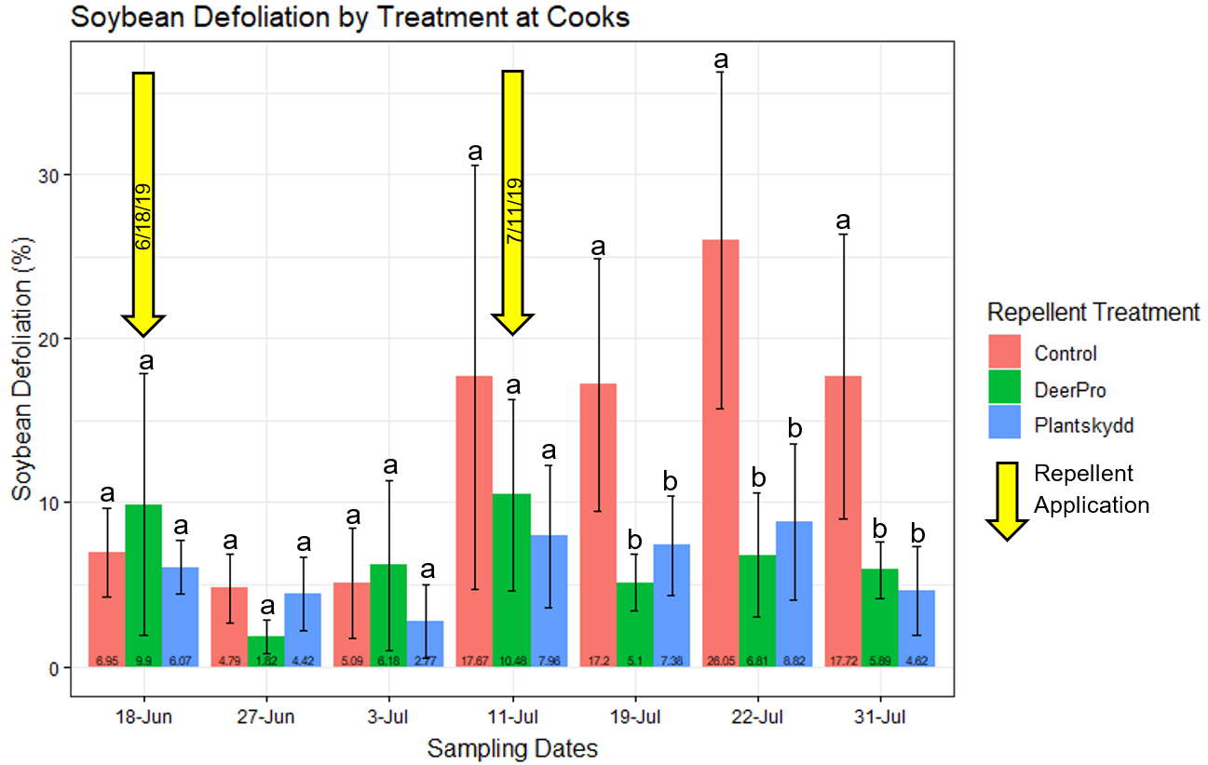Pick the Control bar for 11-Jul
(475, 521)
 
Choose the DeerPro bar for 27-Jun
(266, 651)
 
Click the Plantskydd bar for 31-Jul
(916, 628)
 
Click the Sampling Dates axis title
(512, 747)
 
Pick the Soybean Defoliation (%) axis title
(22, 369)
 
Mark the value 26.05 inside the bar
(720, 661)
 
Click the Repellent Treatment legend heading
(1093, 312)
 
